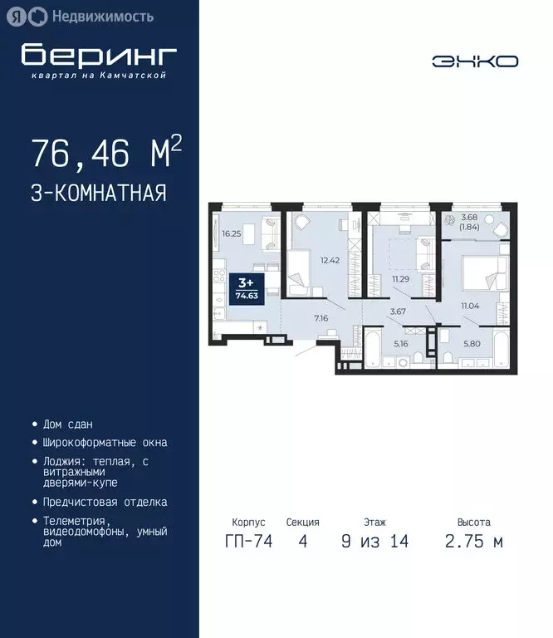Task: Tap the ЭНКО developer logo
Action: click(475, 61)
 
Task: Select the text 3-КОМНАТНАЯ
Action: click(99, 194)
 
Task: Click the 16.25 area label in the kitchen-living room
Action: click(232, 234)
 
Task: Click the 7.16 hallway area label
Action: click(322, 317)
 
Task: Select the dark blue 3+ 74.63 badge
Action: click(245, 288)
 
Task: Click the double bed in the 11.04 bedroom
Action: click(482, 272)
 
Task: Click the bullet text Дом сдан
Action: click(67, 424)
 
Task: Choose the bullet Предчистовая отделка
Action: click(105, 502)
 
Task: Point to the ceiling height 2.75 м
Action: click(473, 542)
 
